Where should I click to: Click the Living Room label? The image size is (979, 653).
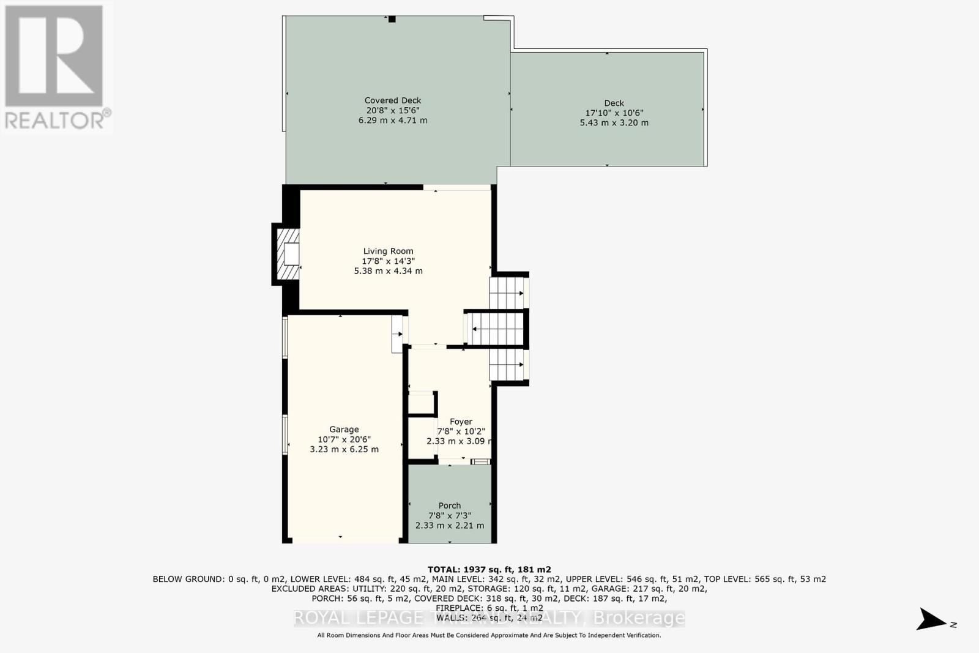click(x=388, y=251)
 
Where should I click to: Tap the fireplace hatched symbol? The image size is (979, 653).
click(x=288, y=255)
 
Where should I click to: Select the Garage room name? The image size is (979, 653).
click(x=344, y=430)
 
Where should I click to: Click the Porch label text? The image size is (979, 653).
click(x=449, y=506)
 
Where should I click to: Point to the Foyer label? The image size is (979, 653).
click(x=461, y=422)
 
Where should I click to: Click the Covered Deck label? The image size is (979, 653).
click(x=393, y=100)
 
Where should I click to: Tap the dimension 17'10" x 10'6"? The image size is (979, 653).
click(x=614, y=113)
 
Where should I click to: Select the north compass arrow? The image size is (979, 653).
click(x=931, y=619)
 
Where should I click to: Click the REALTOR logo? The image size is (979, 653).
click(x=56, y=67)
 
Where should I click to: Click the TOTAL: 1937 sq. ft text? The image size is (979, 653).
click(x=489, y=569)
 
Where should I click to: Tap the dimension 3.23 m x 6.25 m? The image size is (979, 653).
click(x=344, y=449)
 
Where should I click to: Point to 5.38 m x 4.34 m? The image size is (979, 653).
click(x=388, y=271)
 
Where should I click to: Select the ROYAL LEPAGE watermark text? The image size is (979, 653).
click(x=358, y=618)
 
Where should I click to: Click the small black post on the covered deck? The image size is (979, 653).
click(x=392, y=19)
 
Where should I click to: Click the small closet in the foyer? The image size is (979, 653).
click(x=421, y=404)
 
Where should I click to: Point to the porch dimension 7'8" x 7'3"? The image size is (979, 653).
click(x=449, y=515)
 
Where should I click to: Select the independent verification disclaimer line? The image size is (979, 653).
click(x=489, y=635)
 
